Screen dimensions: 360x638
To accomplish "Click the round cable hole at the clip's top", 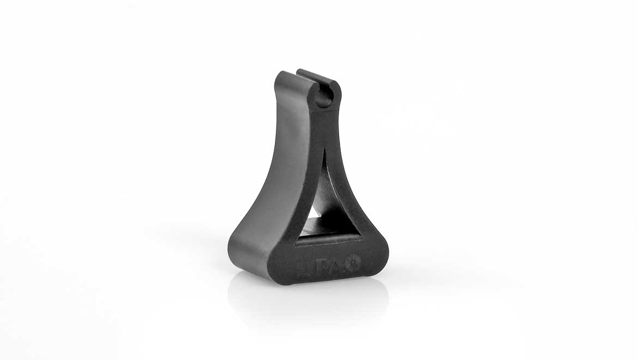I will click(x=323, y=97).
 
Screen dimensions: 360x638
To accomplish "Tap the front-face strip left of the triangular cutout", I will click(x=305, y=185).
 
